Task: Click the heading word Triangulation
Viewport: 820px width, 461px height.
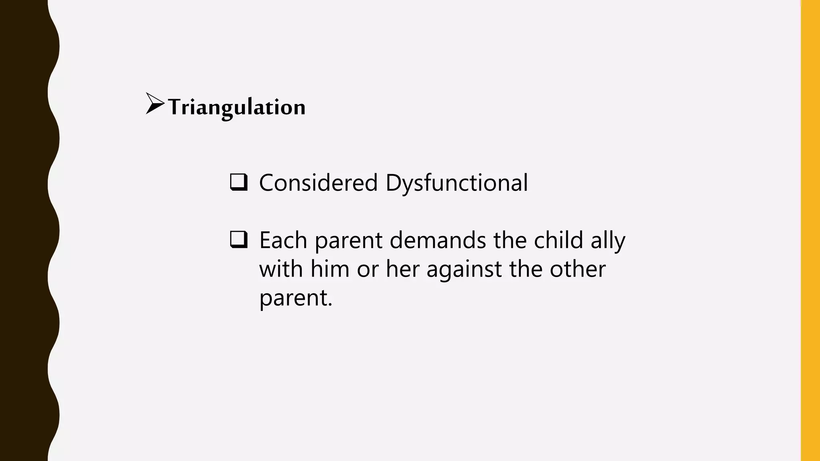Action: click(237, 107)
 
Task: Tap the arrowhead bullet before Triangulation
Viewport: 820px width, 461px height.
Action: click(155, 104)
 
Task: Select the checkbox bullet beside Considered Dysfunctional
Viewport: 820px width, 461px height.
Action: click(239, 182)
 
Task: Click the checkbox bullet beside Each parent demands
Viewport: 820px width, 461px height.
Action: click(239, 239)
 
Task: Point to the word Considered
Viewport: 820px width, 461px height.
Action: click(318, 183)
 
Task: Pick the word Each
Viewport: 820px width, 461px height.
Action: click(283, 240)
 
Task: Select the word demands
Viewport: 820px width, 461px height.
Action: click(438, 240)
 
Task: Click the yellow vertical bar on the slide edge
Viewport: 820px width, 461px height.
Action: click(810, 230)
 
